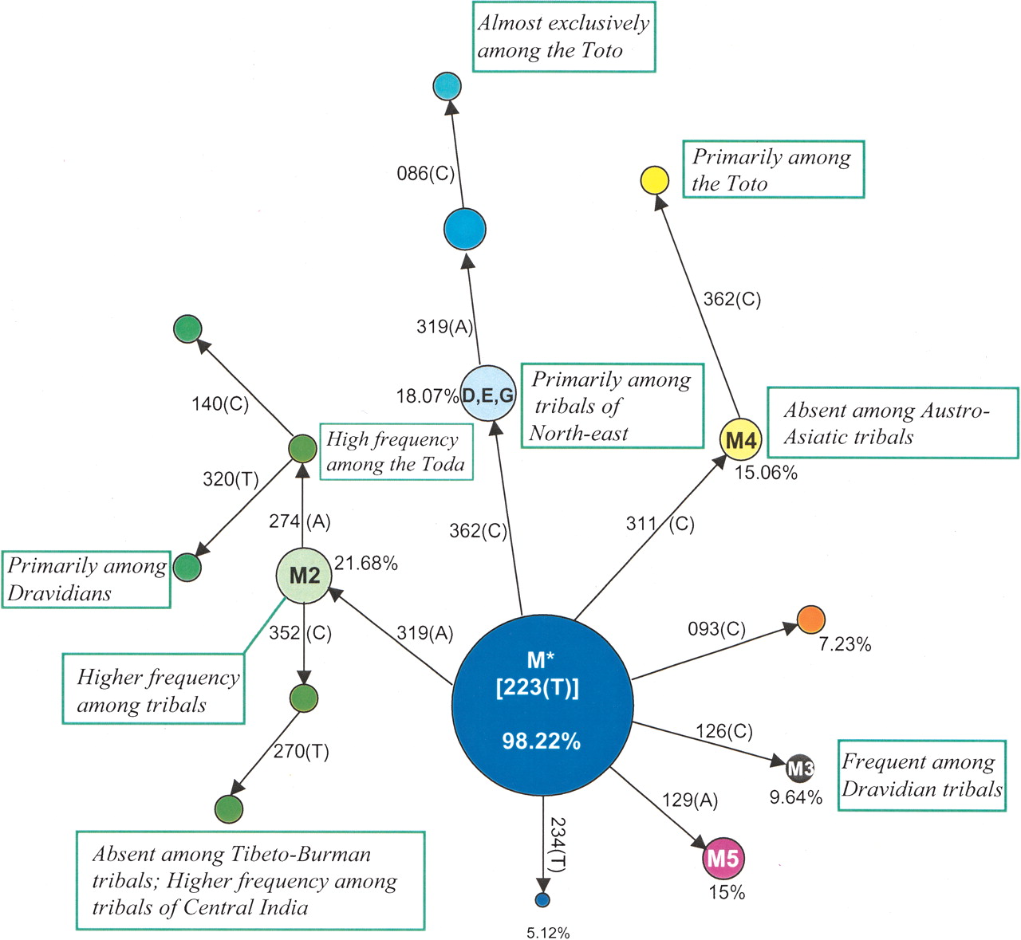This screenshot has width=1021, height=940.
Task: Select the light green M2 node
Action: pos(304,576)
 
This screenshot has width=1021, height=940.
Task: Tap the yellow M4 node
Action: pos(740,440)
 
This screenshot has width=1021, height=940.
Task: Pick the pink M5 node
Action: pos(723,859)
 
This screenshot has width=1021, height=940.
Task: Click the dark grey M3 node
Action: pos(800,769)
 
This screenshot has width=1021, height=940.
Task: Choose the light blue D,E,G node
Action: pos(488,395)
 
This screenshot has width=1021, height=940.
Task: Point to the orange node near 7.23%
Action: pos(810,619)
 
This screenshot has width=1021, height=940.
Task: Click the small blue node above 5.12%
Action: pos(542,900)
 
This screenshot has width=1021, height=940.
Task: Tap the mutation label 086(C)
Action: pos(425,174)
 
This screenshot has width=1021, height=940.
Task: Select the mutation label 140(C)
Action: pos(220,404)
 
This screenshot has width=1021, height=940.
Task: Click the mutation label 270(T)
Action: pos(302,751)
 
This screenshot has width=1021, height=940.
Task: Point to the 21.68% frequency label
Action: pos(366,564)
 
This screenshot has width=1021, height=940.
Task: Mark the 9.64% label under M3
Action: pos(795,797)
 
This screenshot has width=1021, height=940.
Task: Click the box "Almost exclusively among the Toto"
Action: pos(563,37)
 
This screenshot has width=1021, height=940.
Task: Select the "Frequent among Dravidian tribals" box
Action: pos(921,776)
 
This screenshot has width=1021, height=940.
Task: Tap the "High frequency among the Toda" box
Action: pos(396,451)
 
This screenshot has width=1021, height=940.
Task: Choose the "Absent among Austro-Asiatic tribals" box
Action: pos(892,423)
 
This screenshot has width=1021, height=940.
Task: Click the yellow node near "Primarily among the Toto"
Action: pos(655,181)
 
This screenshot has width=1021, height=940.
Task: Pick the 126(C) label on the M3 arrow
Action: pos(723,731)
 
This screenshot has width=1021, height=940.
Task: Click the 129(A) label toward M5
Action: pos(689,800)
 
